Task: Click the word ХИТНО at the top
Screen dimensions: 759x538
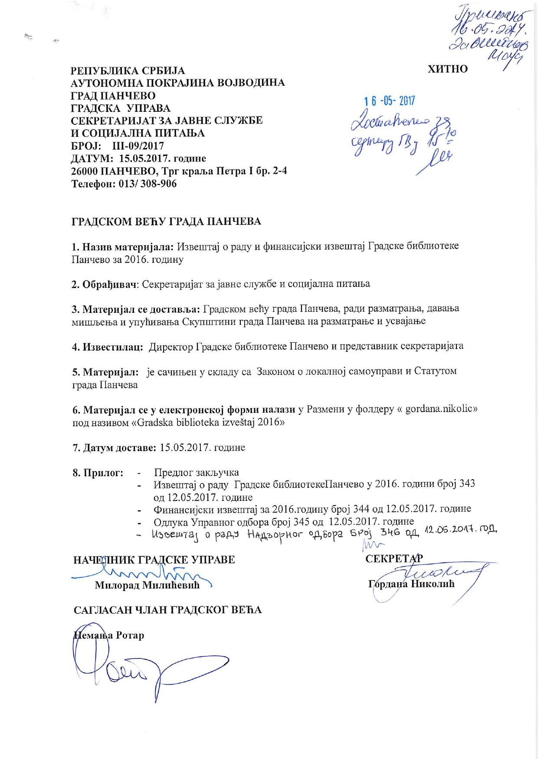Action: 448,69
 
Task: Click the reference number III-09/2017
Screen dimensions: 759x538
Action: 135,146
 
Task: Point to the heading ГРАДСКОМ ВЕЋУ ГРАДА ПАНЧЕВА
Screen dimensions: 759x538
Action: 166,222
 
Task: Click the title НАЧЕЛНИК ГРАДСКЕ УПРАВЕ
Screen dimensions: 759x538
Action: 154,559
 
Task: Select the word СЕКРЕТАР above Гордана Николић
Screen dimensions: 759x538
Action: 394,558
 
